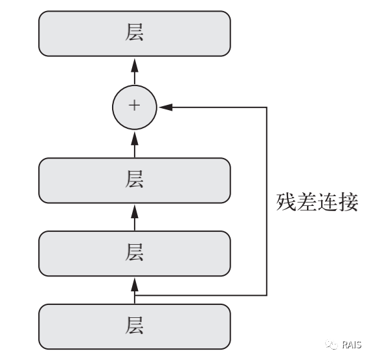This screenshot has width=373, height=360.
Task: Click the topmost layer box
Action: [135, 34]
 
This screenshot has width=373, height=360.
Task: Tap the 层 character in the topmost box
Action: [135, 34]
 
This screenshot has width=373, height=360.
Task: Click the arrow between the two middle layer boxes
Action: [135, 215]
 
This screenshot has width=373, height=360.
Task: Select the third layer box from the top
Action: [135, 253]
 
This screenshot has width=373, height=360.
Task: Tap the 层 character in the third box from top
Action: [135, 253]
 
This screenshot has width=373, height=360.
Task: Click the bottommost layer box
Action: [135, 326]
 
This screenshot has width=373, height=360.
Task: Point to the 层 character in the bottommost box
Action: [135, 326]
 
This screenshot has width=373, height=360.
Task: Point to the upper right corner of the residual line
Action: [267, 107]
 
